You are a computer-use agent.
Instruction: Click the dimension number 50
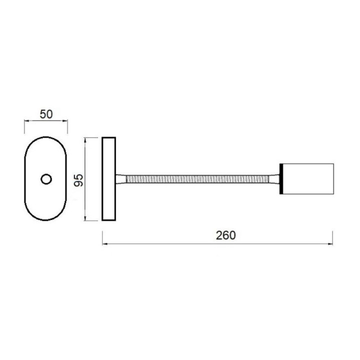point(46,114)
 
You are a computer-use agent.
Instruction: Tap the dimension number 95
point(78,179)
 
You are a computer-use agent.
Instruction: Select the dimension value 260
point(225,235)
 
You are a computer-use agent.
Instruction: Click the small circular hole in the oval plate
point(46,179)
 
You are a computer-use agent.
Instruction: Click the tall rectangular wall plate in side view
point(108,179)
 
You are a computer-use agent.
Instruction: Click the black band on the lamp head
point(282,179)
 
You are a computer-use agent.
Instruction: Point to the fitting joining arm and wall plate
point(121,179)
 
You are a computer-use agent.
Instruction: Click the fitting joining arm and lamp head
point(275,179)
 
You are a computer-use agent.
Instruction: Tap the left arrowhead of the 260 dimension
point(104,244)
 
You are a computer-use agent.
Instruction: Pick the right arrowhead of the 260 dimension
point(330,244)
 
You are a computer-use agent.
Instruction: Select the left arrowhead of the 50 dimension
point(27,120)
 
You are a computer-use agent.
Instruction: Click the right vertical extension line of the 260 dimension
point(333,237)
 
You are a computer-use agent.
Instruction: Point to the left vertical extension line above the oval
point(25,126)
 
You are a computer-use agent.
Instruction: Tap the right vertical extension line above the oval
point(67,126)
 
